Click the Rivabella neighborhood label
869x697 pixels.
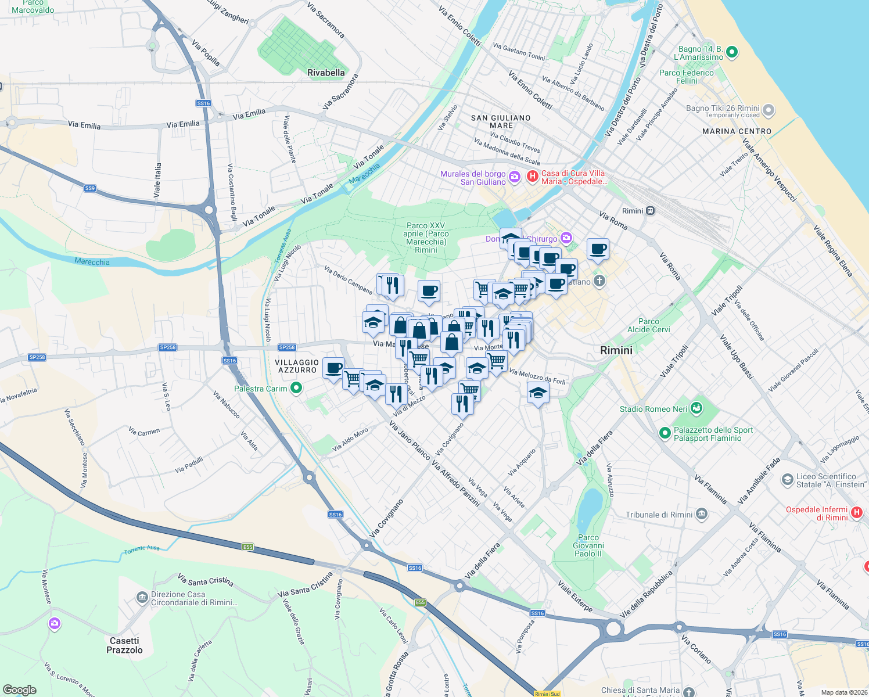click(x=326, y=73)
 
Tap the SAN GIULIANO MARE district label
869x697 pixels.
click(x=501, y=121)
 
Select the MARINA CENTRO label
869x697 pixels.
click(x=737, y=131)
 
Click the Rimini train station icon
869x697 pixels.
click(x=651, y=211)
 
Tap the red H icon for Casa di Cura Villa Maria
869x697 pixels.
click(x=532, y=176)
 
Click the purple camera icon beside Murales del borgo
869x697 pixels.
click(x=514, y=176)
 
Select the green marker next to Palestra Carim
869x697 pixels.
click(x=296, y=387)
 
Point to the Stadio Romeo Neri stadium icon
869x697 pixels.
click(x=696, y=408)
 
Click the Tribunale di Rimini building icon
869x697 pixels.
click(x=702, y=514)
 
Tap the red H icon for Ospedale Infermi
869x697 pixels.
click(x=856, y=512)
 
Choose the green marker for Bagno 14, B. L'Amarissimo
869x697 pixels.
click(x=732, y=52)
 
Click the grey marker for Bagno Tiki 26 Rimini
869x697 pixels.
click(x=769, y=110)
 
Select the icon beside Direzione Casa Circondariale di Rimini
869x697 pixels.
click(x=142, y=597)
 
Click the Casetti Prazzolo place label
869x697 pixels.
click(x=124, y=645)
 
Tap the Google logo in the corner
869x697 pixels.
click(x=20, y=690)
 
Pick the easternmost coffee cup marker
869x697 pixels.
click(x=598, y=250)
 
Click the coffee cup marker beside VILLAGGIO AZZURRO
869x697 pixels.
click(x=333, y=368)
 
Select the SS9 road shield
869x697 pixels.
click(x=89, y=188)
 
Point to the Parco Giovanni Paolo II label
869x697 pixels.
click(x=588, y=545)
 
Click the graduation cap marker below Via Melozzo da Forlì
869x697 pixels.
click(x=538, y=393)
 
